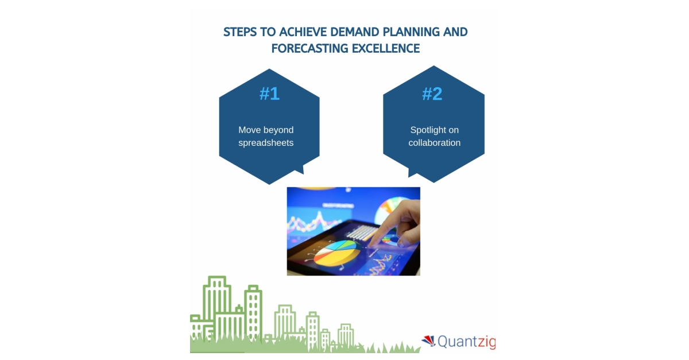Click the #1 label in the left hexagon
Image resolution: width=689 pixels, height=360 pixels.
(x=269, y=94)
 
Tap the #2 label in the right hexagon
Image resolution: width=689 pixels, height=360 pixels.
(x=432, y=94)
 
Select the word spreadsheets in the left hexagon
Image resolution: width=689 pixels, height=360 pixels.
(x=266, y=142)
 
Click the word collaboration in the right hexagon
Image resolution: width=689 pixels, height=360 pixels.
(x=435, y=142)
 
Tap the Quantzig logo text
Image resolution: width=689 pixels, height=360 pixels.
(x=466, y=342)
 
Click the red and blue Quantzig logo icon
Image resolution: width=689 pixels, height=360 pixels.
(x=428, y=341)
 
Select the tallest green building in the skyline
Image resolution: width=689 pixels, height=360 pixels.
(x=217, y=304)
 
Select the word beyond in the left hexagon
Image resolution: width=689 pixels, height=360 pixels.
(x=278, y=130)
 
